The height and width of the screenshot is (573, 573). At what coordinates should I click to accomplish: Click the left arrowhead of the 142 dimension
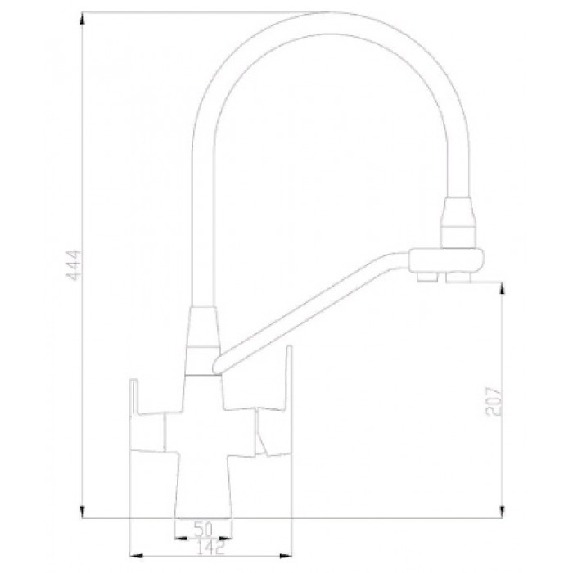point(136,538)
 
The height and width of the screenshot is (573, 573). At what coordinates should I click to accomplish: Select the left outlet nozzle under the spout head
point(426,280)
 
